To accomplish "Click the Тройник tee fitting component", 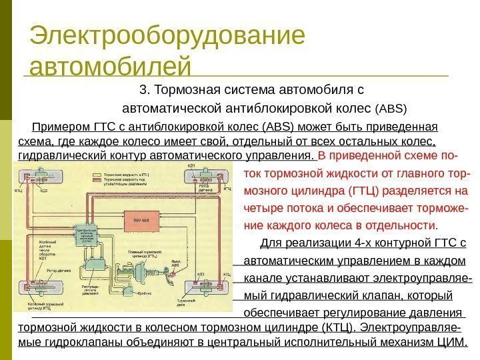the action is coord(136,299).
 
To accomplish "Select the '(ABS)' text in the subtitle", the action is coord(392,109).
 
